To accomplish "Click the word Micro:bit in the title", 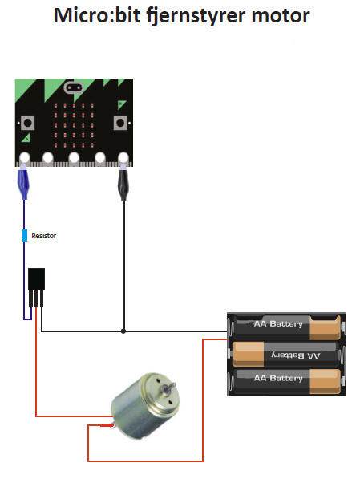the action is (96, 15).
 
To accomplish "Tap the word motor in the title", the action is (281, 15).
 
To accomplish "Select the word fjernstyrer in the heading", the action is (196, 17).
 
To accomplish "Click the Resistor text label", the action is (43, 236).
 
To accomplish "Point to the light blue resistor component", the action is (25, 236).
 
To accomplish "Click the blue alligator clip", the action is (24, 182).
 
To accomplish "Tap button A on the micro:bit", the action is (27, 123).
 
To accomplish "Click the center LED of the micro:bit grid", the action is (74, 125).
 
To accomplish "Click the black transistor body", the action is (36, 279).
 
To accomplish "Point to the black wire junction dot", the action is (123, 331).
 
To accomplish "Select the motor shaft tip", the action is (173, 384).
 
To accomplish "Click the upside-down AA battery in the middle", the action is (285, 354).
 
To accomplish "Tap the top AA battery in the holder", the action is (286, 327).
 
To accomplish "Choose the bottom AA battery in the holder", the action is (286, 381).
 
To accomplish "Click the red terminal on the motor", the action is (107, 425).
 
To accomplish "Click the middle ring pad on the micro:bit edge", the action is (74, 159).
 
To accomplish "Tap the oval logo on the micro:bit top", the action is (74, 88).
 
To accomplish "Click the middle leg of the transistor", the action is (36, 298).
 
